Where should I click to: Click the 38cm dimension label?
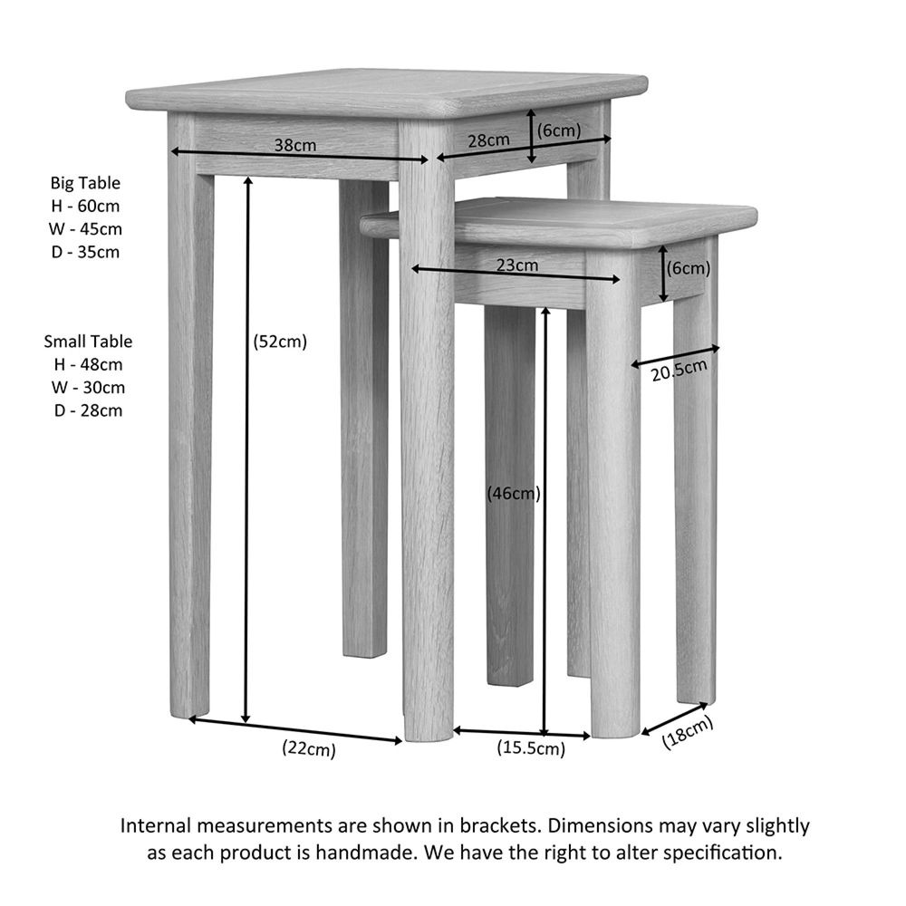pyautogui.click(x=295, y=145)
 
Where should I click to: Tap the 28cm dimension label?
pyautogui.click(x=489, y=140)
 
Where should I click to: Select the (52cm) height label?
pyautogui.click(x=280, y=342)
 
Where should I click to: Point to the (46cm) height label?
pyautogui.click(x=514, y=494)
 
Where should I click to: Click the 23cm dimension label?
pyautogui.click(x=517, y=265)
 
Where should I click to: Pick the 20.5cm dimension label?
pyautogui.click(x=679, y=371)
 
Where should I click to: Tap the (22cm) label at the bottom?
pyautogui.click(x=309, y=749)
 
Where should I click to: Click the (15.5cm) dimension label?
pyautogui.click(x=531, y=748)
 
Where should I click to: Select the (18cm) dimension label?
pyautogui.click(x=687, y=733)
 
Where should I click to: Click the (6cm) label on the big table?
pyautogui.click(x=559, y=130)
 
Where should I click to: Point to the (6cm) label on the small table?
pyautogui.click(x=689, y=268)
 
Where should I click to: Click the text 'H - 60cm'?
pyautogui.click(x=85, y=206)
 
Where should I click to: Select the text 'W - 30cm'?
pyautogui.click(x=88, y=387)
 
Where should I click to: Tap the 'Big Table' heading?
pyautogui.click(x=85, y=183)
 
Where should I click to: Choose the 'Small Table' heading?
pyautogui.click(x=88, y=342)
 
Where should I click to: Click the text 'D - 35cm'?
pyautogui.click(x=85, y=252)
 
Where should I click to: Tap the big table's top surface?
pyautogui.click(x=386, y=92)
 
